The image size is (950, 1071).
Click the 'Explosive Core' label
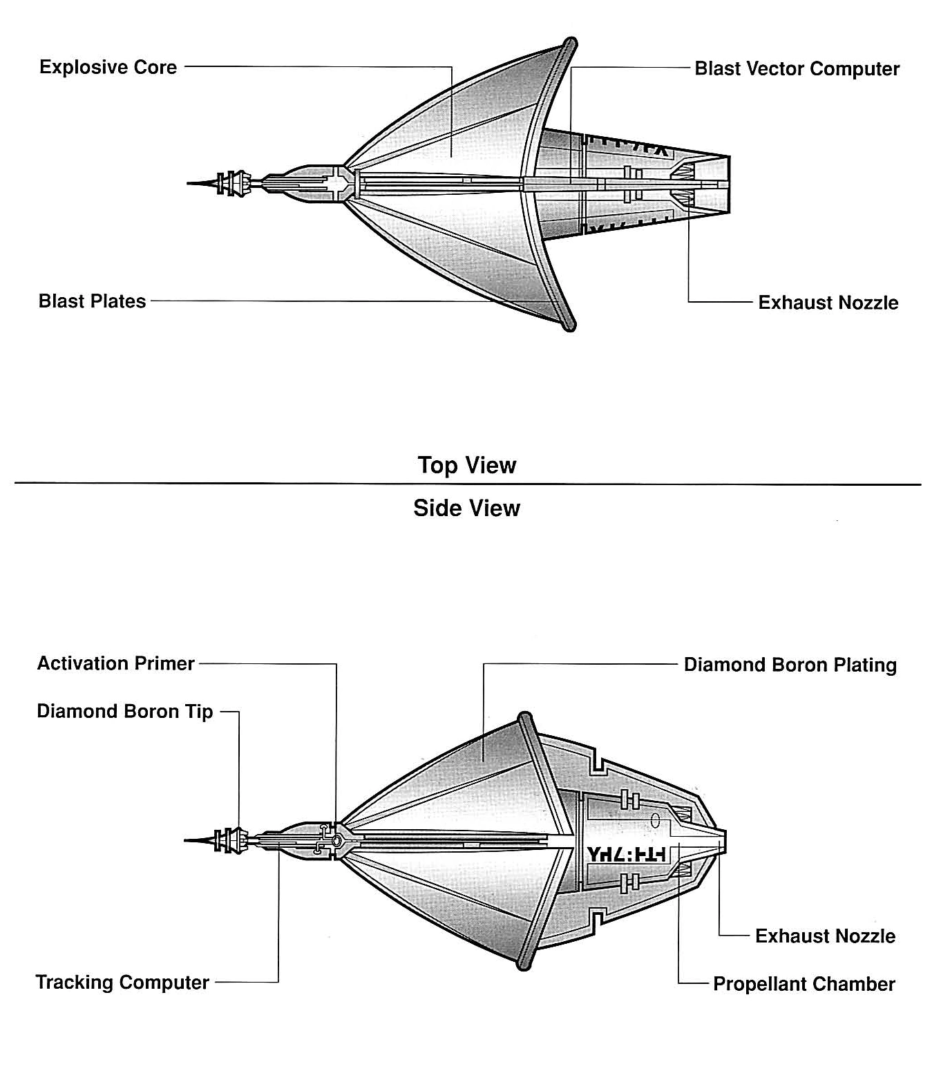click(108, 67)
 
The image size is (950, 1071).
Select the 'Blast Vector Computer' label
click(797, 69)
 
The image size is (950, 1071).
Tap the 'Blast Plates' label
click(92, 301)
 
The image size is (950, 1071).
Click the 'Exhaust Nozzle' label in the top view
click(828, 303)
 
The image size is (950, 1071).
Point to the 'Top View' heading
click(466, 465)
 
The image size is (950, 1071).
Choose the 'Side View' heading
click(466, 509)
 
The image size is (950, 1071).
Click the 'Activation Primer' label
click(115, 663)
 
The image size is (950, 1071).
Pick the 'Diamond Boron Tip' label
click(124, 712)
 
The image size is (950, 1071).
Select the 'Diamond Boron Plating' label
click(790, 665)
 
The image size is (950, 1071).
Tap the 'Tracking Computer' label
click(122, 982)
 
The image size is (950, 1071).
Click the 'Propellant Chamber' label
click(804, 984)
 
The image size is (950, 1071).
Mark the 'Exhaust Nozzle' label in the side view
click(825, 936)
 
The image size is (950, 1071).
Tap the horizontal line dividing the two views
click(466, 484)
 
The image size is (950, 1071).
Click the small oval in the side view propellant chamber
click(655, 820)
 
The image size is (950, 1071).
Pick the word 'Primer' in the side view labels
click(167, 663)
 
